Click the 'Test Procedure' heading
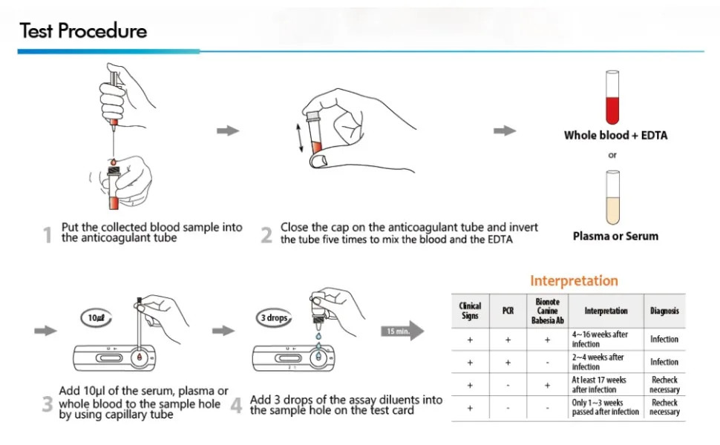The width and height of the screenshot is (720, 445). coord(83,31)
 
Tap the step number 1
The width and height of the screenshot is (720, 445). coord(48,236)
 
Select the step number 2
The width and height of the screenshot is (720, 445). coord(266,236)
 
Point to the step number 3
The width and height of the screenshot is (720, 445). coord(48,405)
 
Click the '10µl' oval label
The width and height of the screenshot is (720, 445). coord(96,317)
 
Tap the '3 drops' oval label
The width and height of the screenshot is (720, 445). coord(274,317)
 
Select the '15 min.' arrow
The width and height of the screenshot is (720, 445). coord(402,331)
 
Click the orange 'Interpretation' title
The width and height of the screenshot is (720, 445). coord(574,280)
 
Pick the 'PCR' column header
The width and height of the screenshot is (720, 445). coord(508,311)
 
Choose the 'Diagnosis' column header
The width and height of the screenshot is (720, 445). coord(664,311)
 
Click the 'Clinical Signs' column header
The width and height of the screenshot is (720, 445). coord(470,311)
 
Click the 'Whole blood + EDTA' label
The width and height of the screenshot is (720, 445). coord(615,135)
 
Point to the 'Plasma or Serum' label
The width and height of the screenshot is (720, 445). coord(615,236)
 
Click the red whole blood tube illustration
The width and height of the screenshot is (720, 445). coord(612,97)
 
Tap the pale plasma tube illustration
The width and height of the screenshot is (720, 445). coord(613,198)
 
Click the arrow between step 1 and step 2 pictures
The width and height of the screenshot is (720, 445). coord(228,131)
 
